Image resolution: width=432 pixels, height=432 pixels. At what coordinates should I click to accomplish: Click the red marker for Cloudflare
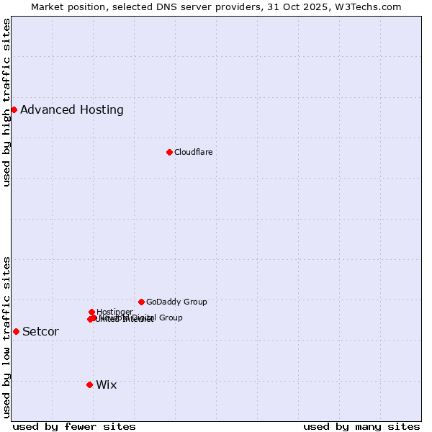tap(169, 152)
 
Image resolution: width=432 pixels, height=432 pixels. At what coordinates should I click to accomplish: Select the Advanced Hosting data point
tap(14, 109)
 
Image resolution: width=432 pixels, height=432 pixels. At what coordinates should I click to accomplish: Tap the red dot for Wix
tap(89, 384)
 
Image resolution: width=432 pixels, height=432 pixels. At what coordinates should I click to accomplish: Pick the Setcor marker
tap(16, 331)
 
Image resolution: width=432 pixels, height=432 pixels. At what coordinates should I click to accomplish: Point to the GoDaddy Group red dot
tap(141, 302)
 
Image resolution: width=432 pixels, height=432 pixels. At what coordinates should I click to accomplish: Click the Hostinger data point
tap(91, 312)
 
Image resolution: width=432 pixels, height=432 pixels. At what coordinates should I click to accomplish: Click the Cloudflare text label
tap(193, 152)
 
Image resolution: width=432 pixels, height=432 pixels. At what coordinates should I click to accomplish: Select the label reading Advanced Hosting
tap(71, 109)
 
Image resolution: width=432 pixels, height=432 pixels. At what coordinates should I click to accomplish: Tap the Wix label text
tap(106, 384)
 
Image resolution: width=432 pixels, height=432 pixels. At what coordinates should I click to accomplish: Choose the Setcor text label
tap(40, 331)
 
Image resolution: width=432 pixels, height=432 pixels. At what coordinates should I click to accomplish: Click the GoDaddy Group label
tap(176, 302)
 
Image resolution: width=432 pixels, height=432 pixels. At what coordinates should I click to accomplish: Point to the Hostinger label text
tap(114, 312)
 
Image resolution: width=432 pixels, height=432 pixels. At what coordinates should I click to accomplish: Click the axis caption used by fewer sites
tap(73, 426)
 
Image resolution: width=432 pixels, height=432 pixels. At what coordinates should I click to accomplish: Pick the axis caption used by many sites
tap(361, 426)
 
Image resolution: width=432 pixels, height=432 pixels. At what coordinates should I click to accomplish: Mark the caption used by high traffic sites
tap(6, 102)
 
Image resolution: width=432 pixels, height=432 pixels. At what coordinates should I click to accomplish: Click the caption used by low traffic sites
tap(6, 337)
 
